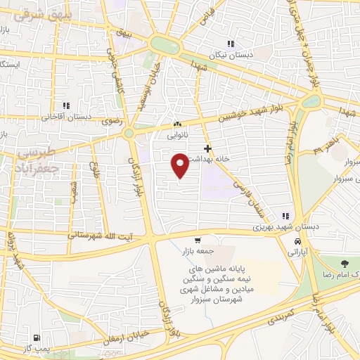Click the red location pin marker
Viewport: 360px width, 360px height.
coord(180,165)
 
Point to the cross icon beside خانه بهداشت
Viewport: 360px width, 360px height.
coord(207,148)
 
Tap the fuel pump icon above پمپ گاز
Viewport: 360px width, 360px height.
coord(37,337)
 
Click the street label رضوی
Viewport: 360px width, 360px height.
coord(112,121)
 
